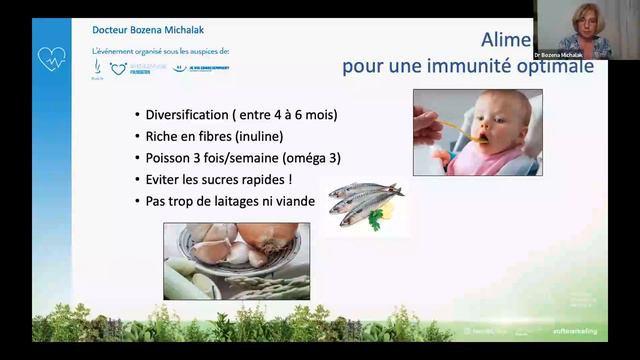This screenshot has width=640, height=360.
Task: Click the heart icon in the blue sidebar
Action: click(x=50, y=58)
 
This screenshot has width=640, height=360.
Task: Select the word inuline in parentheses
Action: click(x=291, y=137)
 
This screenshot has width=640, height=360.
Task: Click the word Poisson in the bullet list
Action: click(x=172, y=158)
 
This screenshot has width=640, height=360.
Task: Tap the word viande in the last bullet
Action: click(x=295, y=202)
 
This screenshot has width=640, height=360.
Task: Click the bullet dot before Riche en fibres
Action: click(x=136, y=137)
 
